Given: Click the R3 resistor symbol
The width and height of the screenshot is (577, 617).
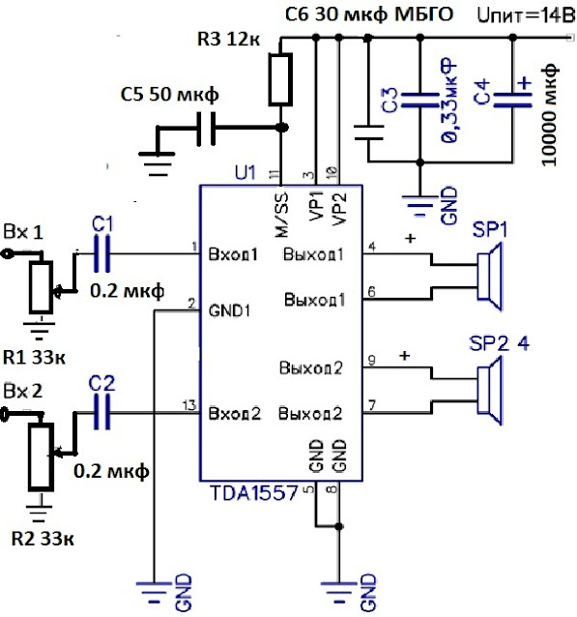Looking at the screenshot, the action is point(280,79).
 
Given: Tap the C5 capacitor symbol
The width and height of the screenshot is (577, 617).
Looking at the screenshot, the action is point(206,129).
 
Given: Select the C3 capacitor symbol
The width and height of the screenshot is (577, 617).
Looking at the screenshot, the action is point(419,100).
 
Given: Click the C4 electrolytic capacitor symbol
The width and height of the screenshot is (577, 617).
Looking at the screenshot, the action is point(512,100).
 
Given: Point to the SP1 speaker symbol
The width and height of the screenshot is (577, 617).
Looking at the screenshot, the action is point(490,277).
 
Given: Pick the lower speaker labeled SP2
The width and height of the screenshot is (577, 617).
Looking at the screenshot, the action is point(490,391).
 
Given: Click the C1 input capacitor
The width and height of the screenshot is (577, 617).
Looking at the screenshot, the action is point(101,253).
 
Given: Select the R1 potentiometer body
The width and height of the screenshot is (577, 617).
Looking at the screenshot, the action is point(41,287).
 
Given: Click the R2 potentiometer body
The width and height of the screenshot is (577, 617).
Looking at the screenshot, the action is point(41,456).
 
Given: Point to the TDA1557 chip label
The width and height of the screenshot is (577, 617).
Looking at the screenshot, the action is point(254,493).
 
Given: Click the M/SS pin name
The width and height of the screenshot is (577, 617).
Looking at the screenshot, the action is point(281,215).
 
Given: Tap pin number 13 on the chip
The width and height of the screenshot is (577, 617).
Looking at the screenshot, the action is point(189,404).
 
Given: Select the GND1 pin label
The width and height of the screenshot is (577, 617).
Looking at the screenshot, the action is point(229,310).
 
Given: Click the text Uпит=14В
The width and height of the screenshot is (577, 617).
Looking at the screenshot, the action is point(526,15).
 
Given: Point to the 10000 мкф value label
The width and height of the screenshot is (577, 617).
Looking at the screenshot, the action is point(550,114).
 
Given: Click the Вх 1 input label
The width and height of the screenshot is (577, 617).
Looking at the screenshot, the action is point(23,232).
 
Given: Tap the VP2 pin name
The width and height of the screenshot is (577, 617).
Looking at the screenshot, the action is point(339,209).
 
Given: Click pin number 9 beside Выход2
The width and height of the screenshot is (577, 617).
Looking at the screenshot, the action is point(371,360).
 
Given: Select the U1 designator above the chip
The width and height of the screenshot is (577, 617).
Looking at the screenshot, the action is point(245,172).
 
